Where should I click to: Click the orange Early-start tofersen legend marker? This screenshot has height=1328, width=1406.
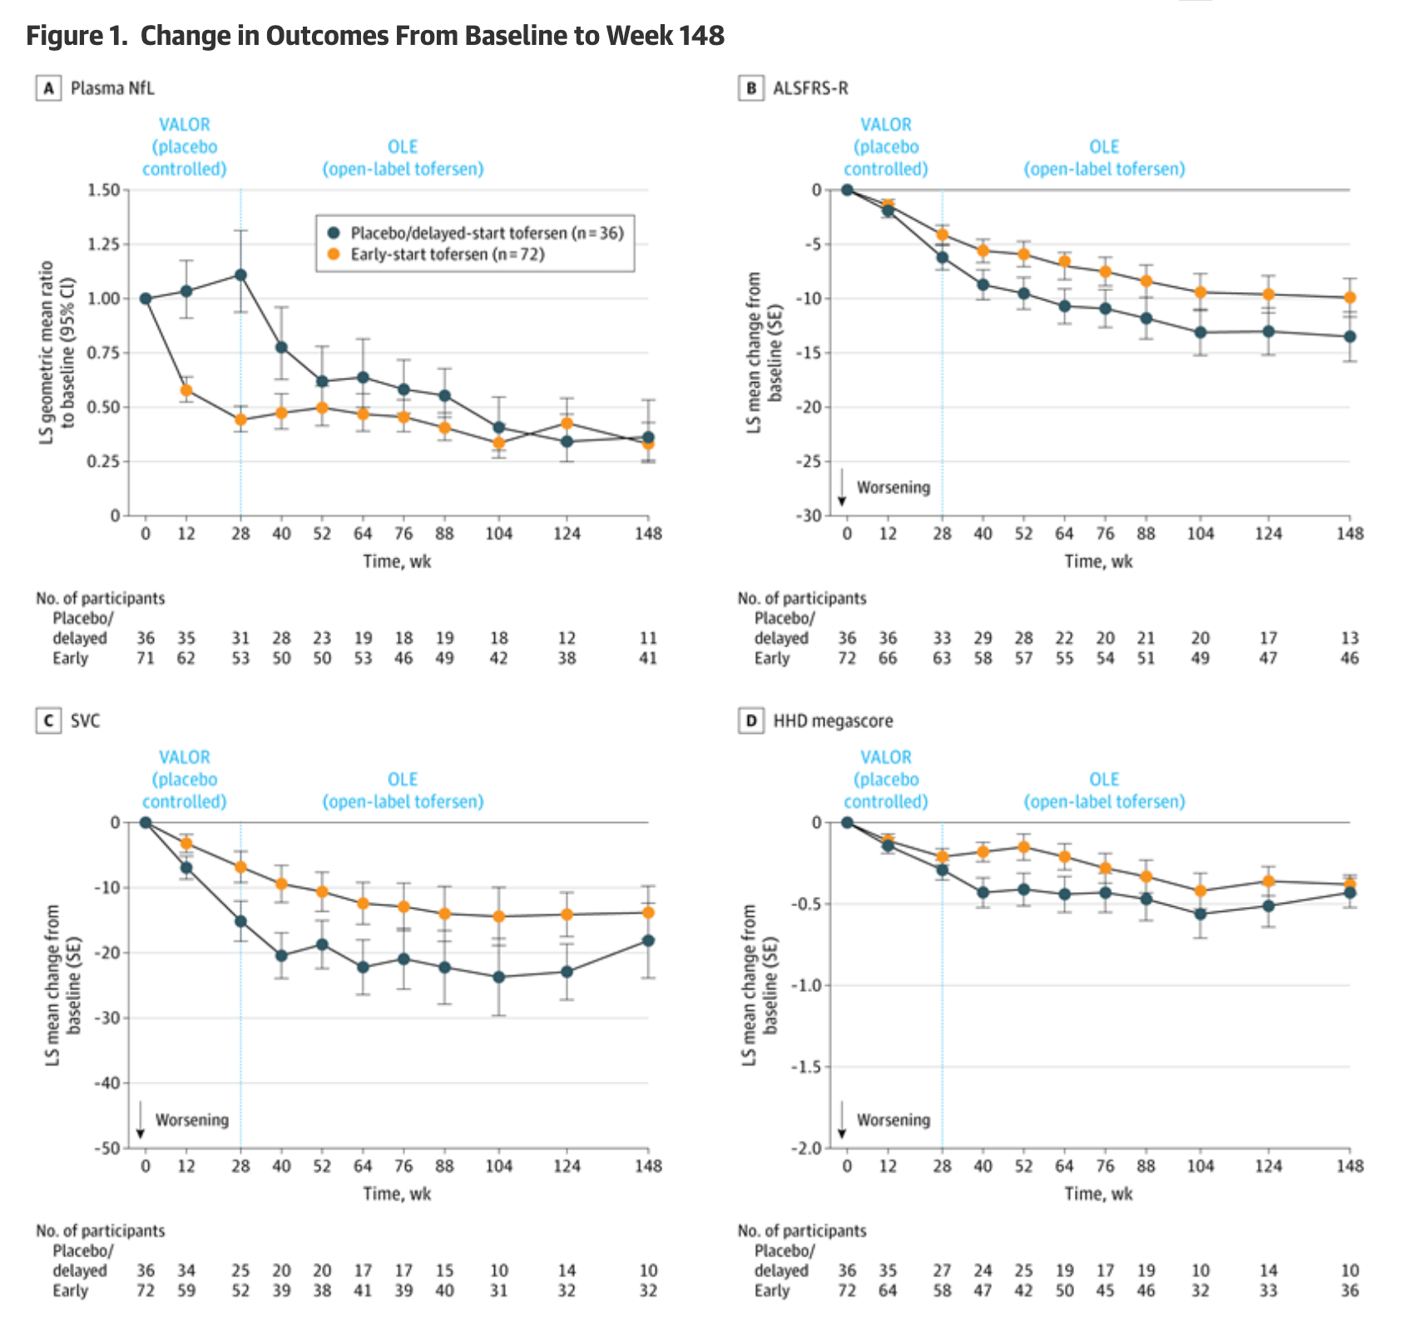pyautogui.click(x=334, y=255)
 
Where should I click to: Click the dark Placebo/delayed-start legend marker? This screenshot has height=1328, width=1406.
pyautogui.click(x=334, y=233)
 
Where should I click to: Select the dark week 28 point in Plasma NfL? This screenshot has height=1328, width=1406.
pyautogui.click(x=240, y=275)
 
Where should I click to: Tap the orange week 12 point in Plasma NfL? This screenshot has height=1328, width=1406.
pyautogui.click(x=186, y=390)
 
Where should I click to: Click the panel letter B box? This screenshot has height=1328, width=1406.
pyautogui.click(x=750, y=88)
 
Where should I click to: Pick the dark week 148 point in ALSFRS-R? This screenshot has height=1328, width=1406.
pyautogui.click(x=1349, y=336)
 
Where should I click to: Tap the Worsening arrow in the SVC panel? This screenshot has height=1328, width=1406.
pyautogui.click(x=141, y=1120)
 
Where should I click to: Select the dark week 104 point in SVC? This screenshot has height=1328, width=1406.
pyautogui.click(x=498, y=977)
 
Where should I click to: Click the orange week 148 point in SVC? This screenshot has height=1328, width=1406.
pyautogui.click(x=648, y=913)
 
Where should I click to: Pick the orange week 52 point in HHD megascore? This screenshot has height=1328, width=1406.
pyautogui.click(x=1023, y=848)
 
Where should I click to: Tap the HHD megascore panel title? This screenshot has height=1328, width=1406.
pyautogui.click(x=833, y=721)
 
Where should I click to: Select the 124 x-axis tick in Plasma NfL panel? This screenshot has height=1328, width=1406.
pyautogui.click(x=567, y=534)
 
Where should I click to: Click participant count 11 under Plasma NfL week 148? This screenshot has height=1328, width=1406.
pyautogui.click(x=648, y=638)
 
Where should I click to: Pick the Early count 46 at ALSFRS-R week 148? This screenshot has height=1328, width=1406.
pyautogui.click(x=1349, y=658)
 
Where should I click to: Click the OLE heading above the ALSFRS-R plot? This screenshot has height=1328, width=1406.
pyautogui.click(x=1104, y=147)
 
